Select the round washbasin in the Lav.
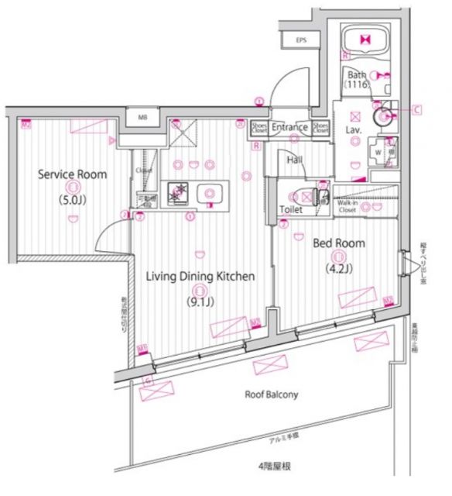pos(382,117)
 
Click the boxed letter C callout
pos(416,109)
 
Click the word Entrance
pos(290,127)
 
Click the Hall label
pos(294,160)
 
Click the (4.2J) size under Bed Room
pos(337,270)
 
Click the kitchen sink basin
pos(209,194)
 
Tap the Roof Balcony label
pos(272,394)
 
